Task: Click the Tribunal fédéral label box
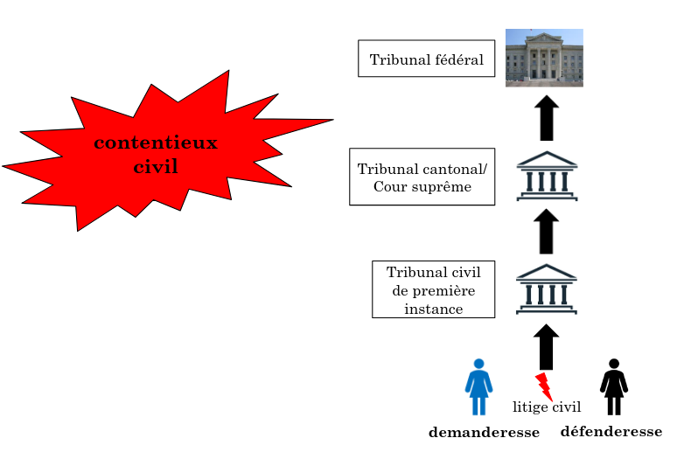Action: [x=427, y=59]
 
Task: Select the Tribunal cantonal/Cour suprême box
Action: [x=422, y=177]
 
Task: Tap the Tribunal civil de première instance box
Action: [x=434, y=289]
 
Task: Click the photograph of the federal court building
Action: [x=544, y=58]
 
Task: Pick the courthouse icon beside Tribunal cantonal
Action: [x=548, y=177]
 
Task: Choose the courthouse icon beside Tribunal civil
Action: [x=548, y=289]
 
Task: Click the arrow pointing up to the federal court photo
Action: [x=548, y=118]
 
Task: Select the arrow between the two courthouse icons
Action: [x=548, y=231]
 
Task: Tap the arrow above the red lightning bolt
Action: [x=547, y=347]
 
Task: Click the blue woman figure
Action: [x=478, y=387]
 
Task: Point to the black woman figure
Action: [x=614, y=387]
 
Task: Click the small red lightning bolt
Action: [x=543, y=385]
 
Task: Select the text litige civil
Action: [x=547, y=407]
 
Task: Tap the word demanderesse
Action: [x=484, y=432]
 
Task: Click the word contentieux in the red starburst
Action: [x=156, y=143]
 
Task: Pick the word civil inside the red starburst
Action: [x=156, y=166]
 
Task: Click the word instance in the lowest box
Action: [x=434, y=309]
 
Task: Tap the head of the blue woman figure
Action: [x=478, y=363]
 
